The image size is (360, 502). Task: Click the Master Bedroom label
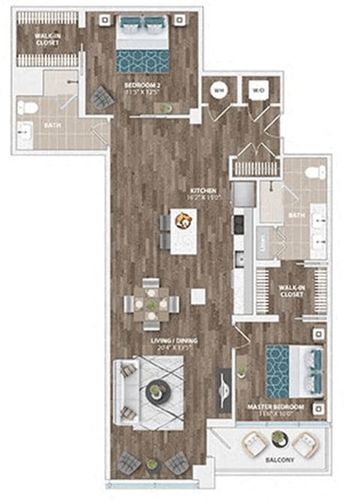(276, 411)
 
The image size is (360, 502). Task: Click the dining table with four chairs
(152, 304)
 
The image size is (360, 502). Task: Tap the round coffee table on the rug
(158, 392)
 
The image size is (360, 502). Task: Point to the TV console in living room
(223, 389)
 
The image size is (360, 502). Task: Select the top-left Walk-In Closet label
(49, 39)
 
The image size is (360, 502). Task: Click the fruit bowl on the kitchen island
(182, 220)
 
